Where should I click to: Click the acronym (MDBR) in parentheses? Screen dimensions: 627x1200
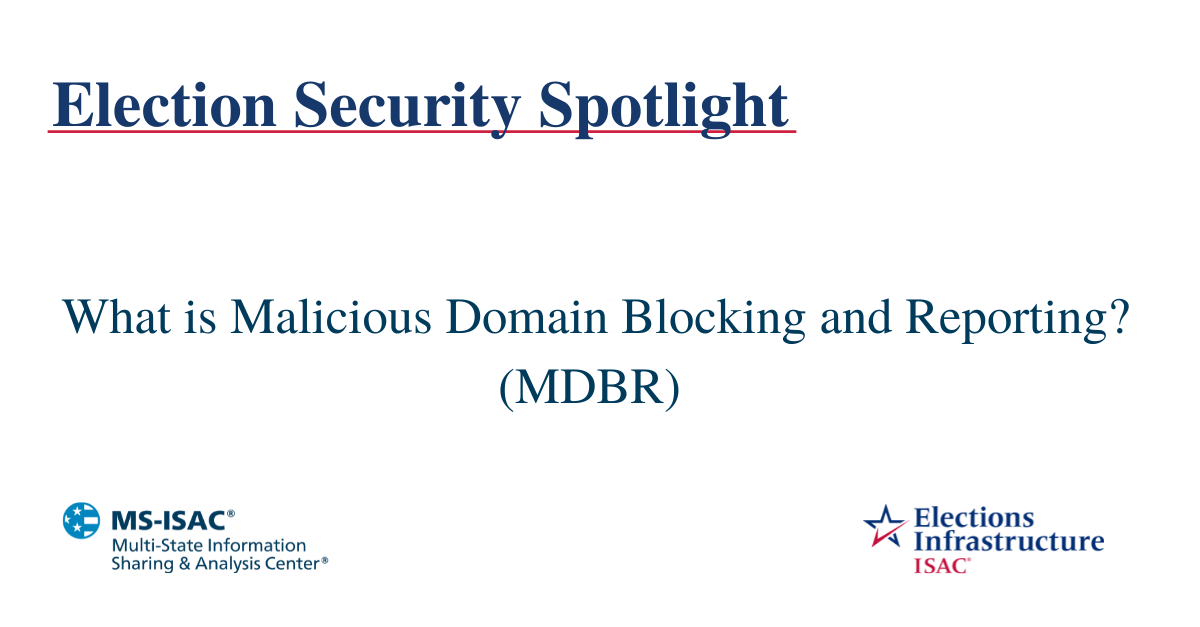point(589,385)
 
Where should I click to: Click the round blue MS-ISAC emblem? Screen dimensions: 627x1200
point(82,520)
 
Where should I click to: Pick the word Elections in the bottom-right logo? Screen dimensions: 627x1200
point(974,518)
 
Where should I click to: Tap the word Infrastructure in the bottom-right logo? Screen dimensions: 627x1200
point(1009,542)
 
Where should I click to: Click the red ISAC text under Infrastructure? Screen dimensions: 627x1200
point(940,565)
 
